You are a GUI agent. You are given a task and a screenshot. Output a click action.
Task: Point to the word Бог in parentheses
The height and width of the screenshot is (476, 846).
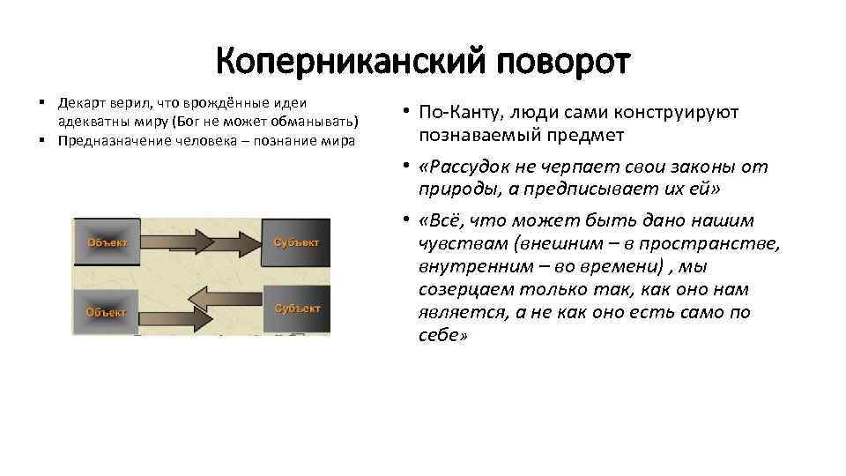(190, 121)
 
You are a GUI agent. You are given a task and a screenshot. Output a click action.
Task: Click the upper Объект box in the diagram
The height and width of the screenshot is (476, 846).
(106, 242)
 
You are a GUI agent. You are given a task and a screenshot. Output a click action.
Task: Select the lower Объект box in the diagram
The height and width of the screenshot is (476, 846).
(106, 311)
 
